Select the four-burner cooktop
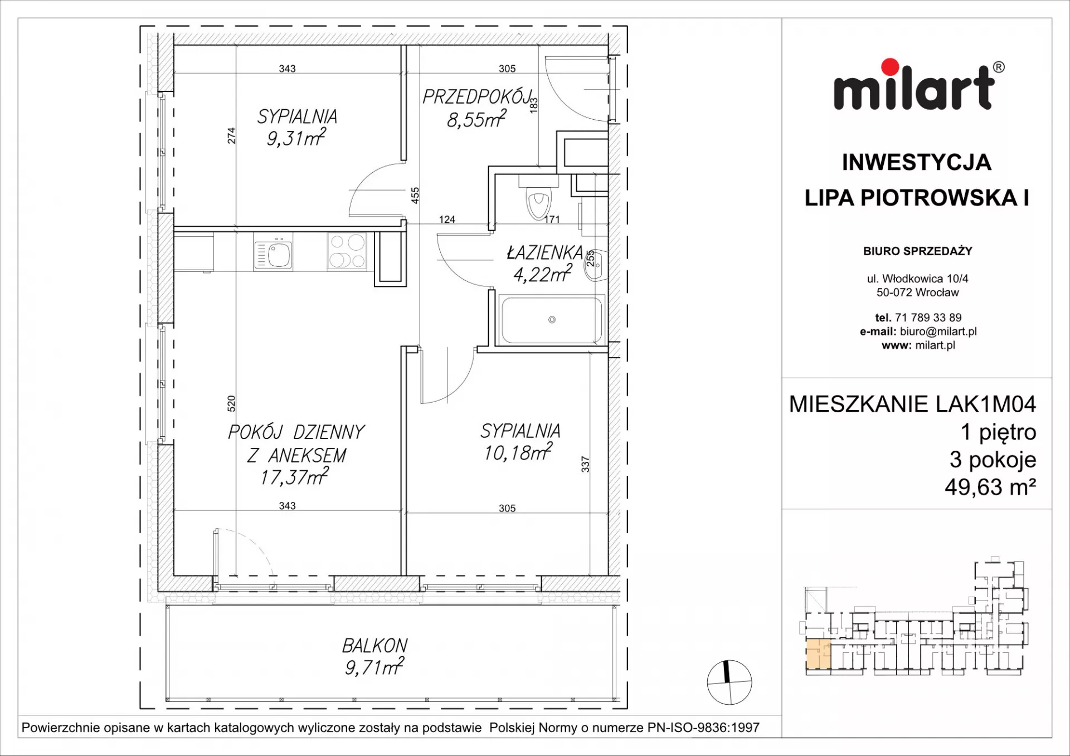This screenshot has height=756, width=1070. pos(347,251)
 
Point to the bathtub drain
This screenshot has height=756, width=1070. pos(552,320)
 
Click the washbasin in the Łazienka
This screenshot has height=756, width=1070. pos(595,266)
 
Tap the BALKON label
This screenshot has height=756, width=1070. pos(374,646)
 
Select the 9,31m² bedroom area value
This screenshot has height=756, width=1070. pos(296,138)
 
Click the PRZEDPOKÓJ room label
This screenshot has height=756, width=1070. pos(477,97)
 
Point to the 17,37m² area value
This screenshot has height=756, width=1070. pos(294,477)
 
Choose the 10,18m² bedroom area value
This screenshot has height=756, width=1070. pos(518,452)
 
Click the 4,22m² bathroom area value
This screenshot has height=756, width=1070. pos(542,274)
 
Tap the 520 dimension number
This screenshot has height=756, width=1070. pos(231,403)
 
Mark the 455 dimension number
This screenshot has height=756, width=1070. pos(415,196)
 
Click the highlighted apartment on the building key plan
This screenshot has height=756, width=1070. pos(818,655)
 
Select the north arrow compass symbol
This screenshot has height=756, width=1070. pos(729,682)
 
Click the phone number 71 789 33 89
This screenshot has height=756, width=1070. pos(928,318)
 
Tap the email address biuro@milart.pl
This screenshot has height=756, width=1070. pos(938,331)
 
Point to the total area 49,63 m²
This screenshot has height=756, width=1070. pos(990,487)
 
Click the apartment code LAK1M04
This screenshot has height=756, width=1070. pos(985,404)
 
